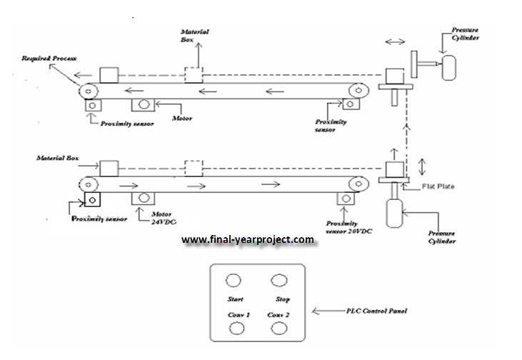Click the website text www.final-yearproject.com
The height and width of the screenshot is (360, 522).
pos(247,240)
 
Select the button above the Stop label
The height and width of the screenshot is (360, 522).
pos(276,280)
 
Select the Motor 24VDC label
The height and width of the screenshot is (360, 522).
pos(164,217)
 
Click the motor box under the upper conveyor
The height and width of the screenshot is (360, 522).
pos(144,105)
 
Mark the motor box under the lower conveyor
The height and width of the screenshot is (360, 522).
pos(144,198)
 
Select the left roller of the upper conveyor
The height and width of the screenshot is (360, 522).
pos(89,91)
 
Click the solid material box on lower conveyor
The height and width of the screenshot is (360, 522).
pos(109,169)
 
